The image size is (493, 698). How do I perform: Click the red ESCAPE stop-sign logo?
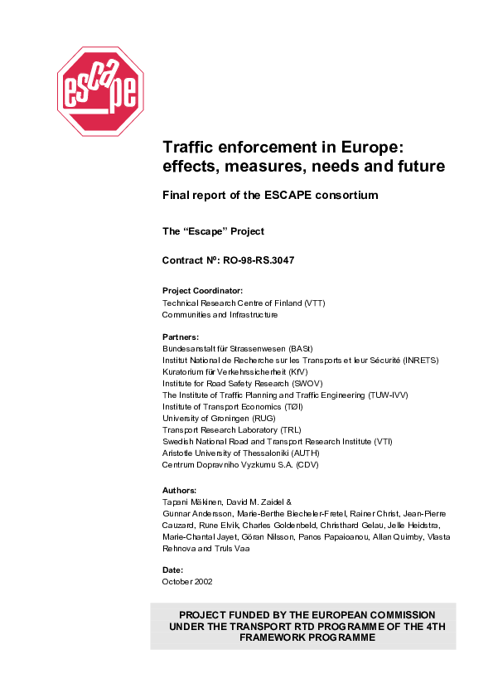click(100, 91)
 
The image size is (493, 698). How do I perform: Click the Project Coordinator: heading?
click(202, 291)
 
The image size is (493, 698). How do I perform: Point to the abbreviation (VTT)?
click(315, 303)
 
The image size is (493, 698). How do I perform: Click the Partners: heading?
click(181, 337)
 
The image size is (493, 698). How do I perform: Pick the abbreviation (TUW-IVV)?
click(388, 395)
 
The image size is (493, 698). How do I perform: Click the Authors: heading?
click(180, 491)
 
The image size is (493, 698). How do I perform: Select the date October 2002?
click(187, 582)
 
